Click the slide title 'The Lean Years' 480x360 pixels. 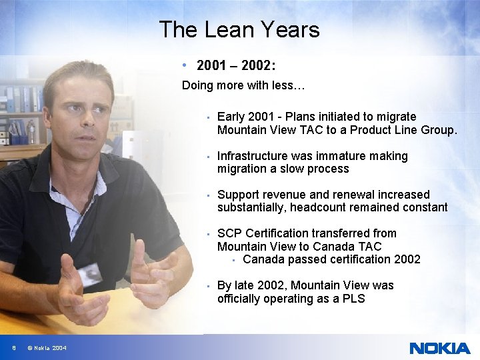click(x=239, y=29)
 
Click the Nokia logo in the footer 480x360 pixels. click(x=439, y=348)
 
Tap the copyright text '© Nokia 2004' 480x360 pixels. click(x=47, y=348)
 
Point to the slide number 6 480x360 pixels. click(x=13, y=348)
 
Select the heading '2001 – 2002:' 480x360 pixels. click(x=236, y=66)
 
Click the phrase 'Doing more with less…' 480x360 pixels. click(x=243, y=85)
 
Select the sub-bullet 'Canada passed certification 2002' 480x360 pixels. click(x=331, y=259)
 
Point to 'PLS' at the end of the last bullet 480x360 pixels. click(x=353, y=299)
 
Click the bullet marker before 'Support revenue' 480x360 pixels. click(x=209, y=195)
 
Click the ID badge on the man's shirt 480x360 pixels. click(x=89, y=273)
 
